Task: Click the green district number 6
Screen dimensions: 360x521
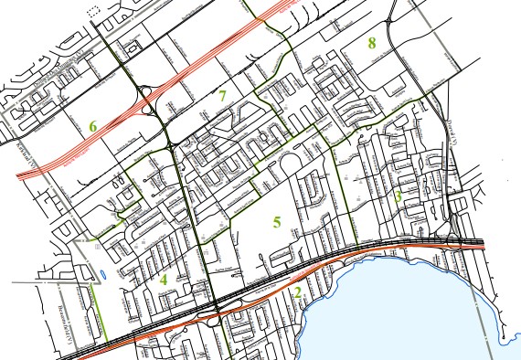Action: pyautogui.click(x=92, y=125)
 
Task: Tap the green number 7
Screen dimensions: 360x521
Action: pyautogui.click(x=222, y=94)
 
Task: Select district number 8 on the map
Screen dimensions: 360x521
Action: pyautogui.click(x=372, y=42)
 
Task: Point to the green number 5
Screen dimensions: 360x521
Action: pyautogui.click(x=277, y=221)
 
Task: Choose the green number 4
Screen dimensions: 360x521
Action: pyautogui.click(x=164, y=280)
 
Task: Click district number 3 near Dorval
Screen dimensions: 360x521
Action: pyautogui.click(x=399, y=195)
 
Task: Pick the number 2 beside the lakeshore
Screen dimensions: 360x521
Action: pyautogui.click(x=298, y=292)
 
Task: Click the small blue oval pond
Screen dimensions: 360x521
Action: pyautogui.click(x=102, y=273)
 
